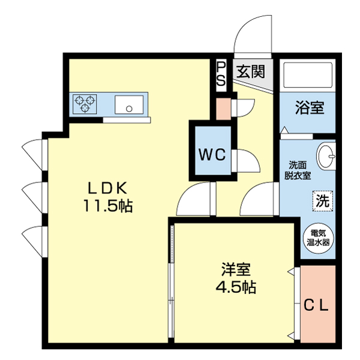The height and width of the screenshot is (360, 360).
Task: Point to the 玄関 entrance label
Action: click(x=250, y=72)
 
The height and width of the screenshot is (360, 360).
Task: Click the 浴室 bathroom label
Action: click(x=309, y=108)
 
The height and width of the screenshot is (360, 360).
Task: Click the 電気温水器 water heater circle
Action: click(x=319, y=238)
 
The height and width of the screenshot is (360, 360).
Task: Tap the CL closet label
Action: click(x=316, y=306)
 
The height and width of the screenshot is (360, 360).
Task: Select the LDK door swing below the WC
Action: click(x=196, y=200)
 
